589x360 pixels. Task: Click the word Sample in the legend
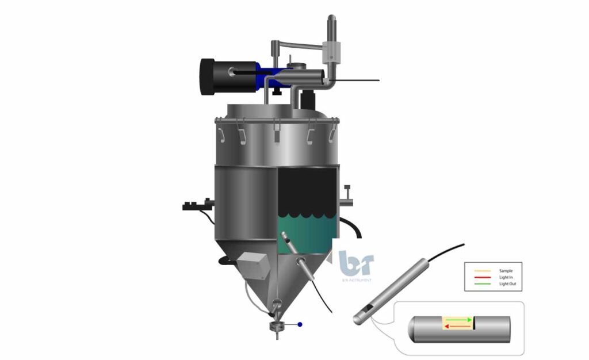(506, 270)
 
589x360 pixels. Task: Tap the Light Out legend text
(507, 284)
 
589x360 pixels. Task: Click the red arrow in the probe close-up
(457, 326)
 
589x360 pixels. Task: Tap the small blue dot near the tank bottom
(300, 325)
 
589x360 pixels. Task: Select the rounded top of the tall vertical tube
(332, 20)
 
